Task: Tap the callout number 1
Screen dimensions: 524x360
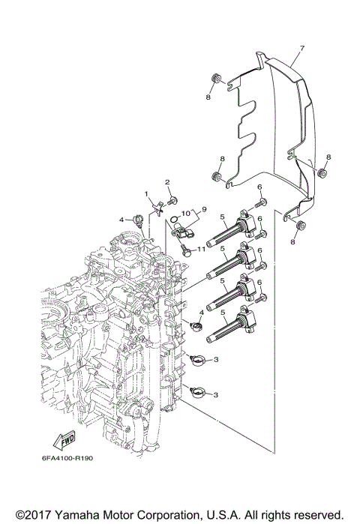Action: tap(147, 194)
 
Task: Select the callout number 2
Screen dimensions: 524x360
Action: tap(168, 182)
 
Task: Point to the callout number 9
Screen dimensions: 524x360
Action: tap(202, 210)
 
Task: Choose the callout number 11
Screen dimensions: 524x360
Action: tap(202, 248)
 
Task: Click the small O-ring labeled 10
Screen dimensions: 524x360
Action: tap(174, 220)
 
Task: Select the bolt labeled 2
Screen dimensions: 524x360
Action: tap(172, 199)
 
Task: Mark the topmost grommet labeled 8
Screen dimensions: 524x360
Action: tap(214, 77)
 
